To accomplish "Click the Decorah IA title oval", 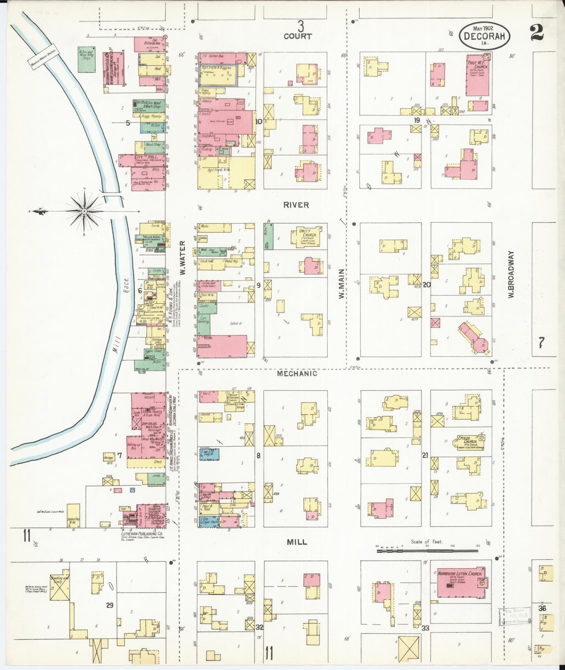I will click(x=484, y=36).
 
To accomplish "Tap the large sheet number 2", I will click(x=537, y=33).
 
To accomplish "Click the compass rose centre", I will click(x=84, y=211).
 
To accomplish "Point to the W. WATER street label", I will click(x=182, y=258).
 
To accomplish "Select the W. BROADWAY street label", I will click(x=511, y=274).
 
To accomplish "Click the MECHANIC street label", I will click(x=297, y=373).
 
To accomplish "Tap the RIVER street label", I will click(x=296, y=205).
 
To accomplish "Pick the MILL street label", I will click(x=297, y=542).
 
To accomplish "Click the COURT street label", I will click(x=298, y=36).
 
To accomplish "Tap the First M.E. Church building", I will click(x=478, y=74).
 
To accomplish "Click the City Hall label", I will click(x=142, y=156).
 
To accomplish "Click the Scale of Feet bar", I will click(x=427, y=551).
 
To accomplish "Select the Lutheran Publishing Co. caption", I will click(x=142, y=533).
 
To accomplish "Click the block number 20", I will click(x=427, y=285).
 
